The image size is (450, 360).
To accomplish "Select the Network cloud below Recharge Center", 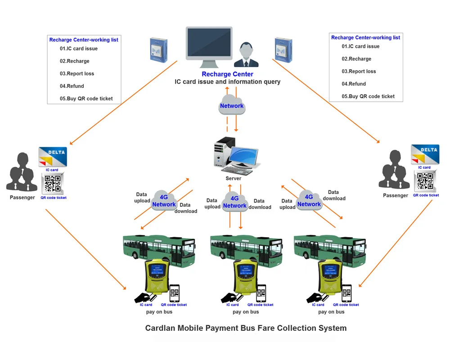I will pyautogui.click(x=232, y=105).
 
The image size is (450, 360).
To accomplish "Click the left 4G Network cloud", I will pyautogui.click(x=164, y=200).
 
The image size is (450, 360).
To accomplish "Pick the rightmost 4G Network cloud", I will pyautogui.click(x=309, y=200).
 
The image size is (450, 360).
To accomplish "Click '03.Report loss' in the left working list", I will pyautogui.click(x=77, y=74).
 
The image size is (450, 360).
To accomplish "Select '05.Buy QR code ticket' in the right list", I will pyautogui.click(x=368, y=96).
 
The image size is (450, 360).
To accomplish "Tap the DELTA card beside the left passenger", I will pyautogui.click(x=53, y=157).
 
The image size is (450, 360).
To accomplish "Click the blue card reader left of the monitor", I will pyautogui.click(x=158, y=50).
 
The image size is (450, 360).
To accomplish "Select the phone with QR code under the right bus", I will pyautogui.click(x=346, y=293).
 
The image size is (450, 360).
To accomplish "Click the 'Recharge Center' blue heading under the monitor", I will pyautogui.click(x=227, y=74).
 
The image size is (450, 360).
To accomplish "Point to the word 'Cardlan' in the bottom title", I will pyautogui.click(x=160, y=328).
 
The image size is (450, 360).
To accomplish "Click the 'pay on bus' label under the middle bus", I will pyautogui.click(x=246, y=312).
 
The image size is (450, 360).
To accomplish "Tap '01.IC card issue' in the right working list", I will pyautogui.click(x=360, y=46).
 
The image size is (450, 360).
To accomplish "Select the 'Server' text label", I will pyautogui.click(x=233, y=179).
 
